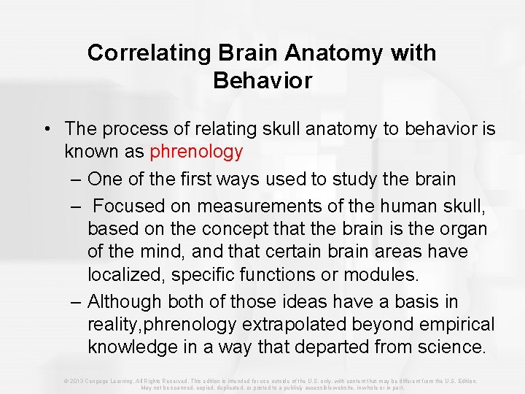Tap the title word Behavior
point(262,80)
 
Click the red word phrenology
point(196,152)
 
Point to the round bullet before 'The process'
point(45,129)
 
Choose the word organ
point(464,228)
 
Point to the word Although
point(125,301)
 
